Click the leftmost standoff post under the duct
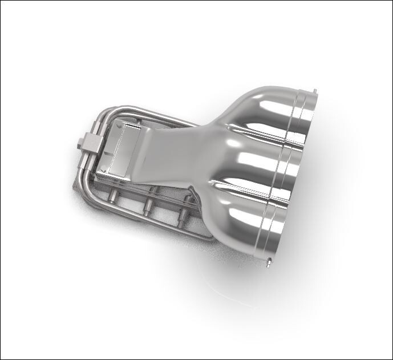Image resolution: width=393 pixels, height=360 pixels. [115, 197]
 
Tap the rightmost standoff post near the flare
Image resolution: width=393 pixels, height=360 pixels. [184, 216]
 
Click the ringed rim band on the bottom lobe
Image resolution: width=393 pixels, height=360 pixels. [274, 228]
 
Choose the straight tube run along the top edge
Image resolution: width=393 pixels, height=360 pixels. [148, 111]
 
